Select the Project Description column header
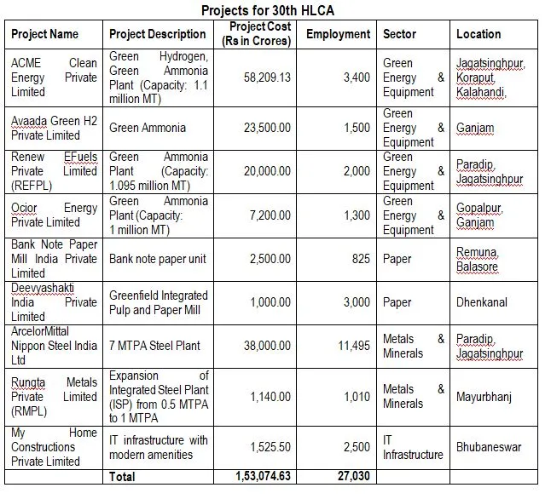158,34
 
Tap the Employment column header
338,34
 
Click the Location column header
478,34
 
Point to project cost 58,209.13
267,77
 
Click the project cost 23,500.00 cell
267,128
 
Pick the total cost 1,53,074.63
263,476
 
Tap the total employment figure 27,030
351,476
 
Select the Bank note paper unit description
158,259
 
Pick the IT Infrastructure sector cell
413,447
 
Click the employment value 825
360,259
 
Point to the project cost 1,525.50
270,447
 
